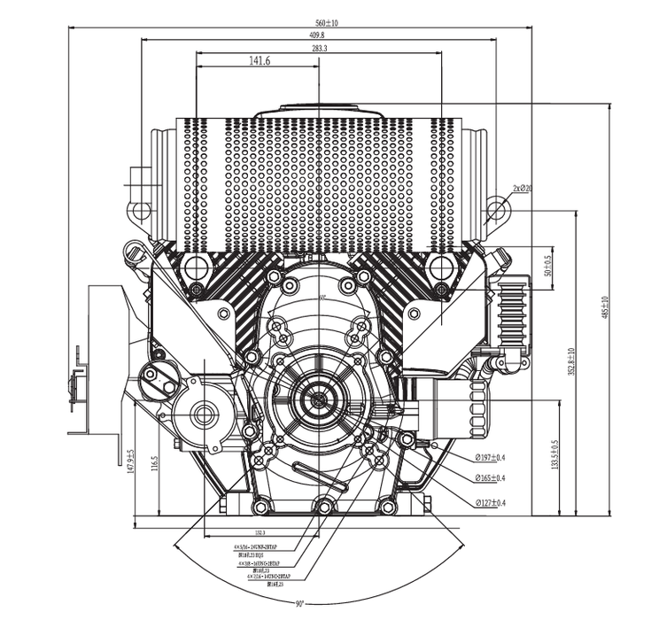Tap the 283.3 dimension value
pos(319,49)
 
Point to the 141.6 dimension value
pos(259,61)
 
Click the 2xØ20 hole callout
pos(522,188)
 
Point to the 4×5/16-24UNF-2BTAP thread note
pos(258,547)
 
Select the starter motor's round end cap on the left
pos(204,412)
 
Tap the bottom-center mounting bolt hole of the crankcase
pos(324,507)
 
